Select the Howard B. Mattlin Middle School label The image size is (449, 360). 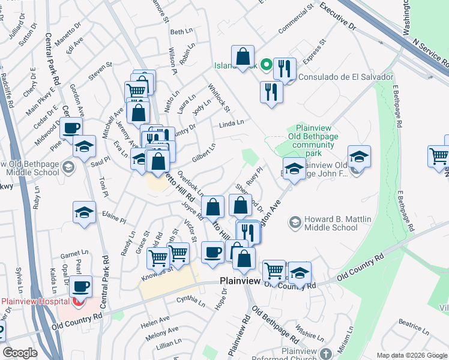[331, 223]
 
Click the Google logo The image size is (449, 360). [20, 353]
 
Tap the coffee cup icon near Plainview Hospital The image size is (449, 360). [80, 287]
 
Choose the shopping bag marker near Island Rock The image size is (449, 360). [243, 57]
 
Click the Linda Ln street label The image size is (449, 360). [232, 123]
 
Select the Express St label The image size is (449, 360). [314, 50]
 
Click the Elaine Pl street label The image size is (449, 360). [114, 217]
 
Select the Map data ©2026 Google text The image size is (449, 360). [412, 355]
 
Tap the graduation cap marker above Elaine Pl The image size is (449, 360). [84, 212]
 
